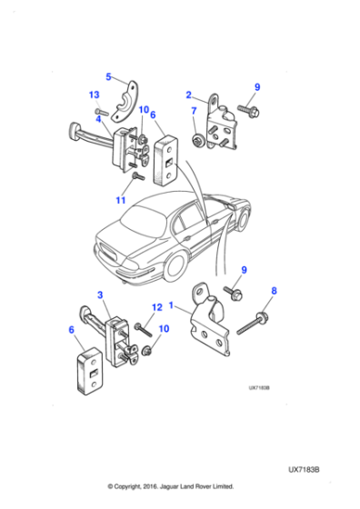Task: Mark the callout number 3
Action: [x=101, y=295]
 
